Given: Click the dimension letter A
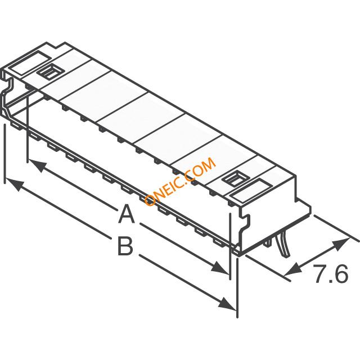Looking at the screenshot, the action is tap(127, 214).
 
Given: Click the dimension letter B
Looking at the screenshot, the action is tap(125, 246).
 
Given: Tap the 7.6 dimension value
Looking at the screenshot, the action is tap(331, 274).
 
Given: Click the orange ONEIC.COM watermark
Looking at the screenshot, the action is tap(180, 181).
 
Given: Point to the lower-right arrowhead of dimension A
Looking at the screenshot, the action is tap(219, 268).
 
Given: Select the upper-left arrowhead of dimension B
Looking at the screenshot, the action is tap(14, 184).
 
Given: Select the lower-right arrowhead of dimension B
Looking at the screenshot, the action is tap(227, 304).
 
